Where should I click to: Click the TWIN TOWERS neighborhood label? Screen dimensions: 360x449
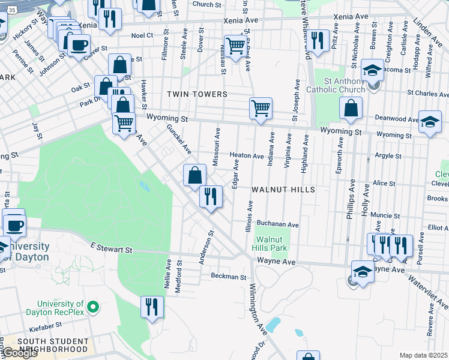click(x=197, y=94)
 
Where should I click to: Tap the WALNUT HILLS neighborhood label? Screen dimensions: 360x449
click(x=283, y=189)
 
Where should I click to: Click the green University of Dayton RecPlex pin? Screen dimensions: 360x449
click(x=92, y=308)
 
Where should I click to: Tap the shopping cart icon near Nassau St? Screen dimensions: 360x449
click(x=235, y=45)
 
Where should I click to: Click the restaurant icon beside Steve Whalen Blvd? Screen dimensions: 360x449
click(x=318, y=40)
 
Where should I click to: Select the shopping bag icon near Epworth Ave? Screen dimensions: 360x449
click(x=351, y=108)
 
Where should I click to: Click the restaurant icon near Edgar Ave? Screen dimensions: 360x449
click(x=211, y=196)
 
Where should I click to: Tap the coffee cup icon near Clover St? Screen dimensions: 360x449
click(x=79, y=44)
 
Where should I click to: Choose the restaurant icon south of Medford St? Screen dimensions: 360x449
click(x=152, y=307)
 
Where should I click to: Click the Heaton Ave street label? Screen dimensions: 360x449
click(x=246, y=156)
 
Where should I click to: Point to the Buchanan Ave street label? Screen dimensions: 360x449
click(x=280, y=224)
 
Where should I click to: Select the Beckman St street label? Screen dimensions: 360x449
click(x=228, y=277)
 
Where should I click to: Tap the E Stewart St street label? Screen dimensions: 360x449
click(x=111, y=248)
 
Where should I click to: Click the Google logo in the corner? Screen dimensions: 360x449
click(x=20, y=353)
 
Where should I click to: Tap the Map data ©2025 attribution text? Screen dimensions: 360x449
click(x=424, y=355)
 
